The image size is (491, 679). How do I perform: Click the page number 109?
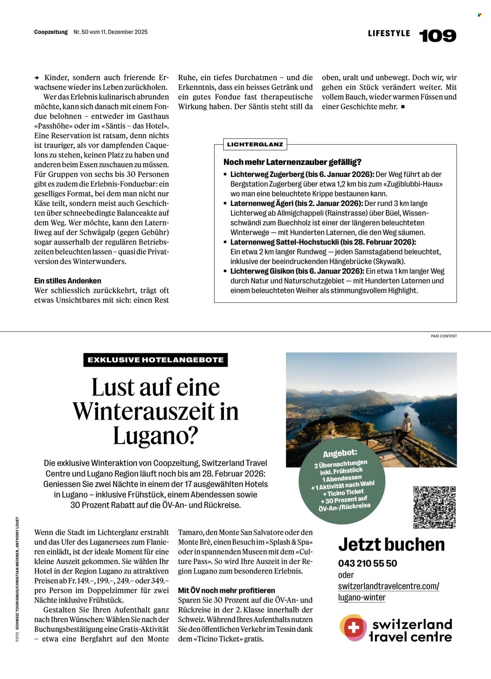click(438, 36)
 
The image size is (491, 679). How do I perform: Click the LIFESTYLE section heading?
click(389, 33)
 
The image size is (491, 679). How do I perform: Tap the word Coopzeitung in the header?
click(51, 32)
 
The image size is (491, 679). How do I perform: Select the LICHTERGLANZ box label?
click(255, 144)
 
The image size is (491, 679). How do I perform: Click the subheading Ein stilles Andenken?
click(68, 281)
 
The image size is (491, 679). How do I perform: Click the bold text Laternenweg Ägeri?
click(257, 203)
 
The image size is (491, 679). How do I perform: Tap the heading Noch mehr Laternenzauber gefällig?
click(292, 162)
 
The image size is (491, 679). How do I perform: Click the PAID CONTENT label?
click(444, 336)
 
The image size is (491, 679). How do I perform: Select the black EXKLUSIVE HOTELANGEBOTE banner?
click(156, 360)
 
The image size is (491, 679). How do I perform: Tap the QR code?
click(434, 507)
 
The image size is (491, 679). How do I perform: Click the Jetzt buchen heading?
click(391, 545)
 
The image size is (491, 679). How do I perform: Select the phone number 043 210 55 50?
click(367, 563)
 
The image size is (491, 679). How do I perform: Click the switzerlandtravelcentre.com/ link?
click(388, 586)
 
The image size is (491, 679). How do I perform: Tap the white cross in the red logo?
click(353, 627)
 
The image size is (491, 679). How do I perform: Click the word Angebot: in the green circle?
click(340, 453)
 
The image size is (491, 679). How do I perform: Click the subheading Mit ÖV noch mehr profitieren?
click(226, 590)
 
